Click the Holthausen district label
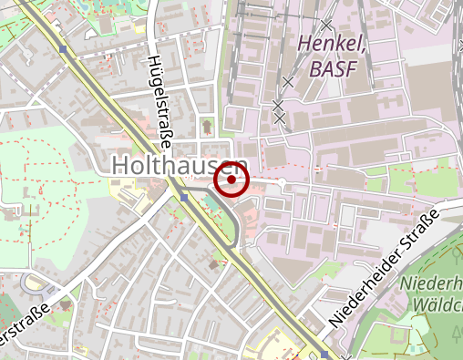(x=179, y=165)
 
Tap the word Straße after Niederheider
(x=423, y=225)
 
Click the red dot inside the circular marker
(x=232, y=180)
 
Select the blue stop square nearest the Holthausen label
(x=184, y=197)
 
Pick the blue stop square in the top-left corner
(x=63, y=48)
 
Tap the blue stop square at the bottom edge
(x=324, y=355)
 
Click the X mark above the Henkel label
(x=325, y=24)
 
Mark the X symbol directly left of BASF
(x=288, y=82)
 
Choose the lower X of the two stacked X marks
(x=280, y=118)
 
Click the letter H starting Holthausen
(x=120, y=165)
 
